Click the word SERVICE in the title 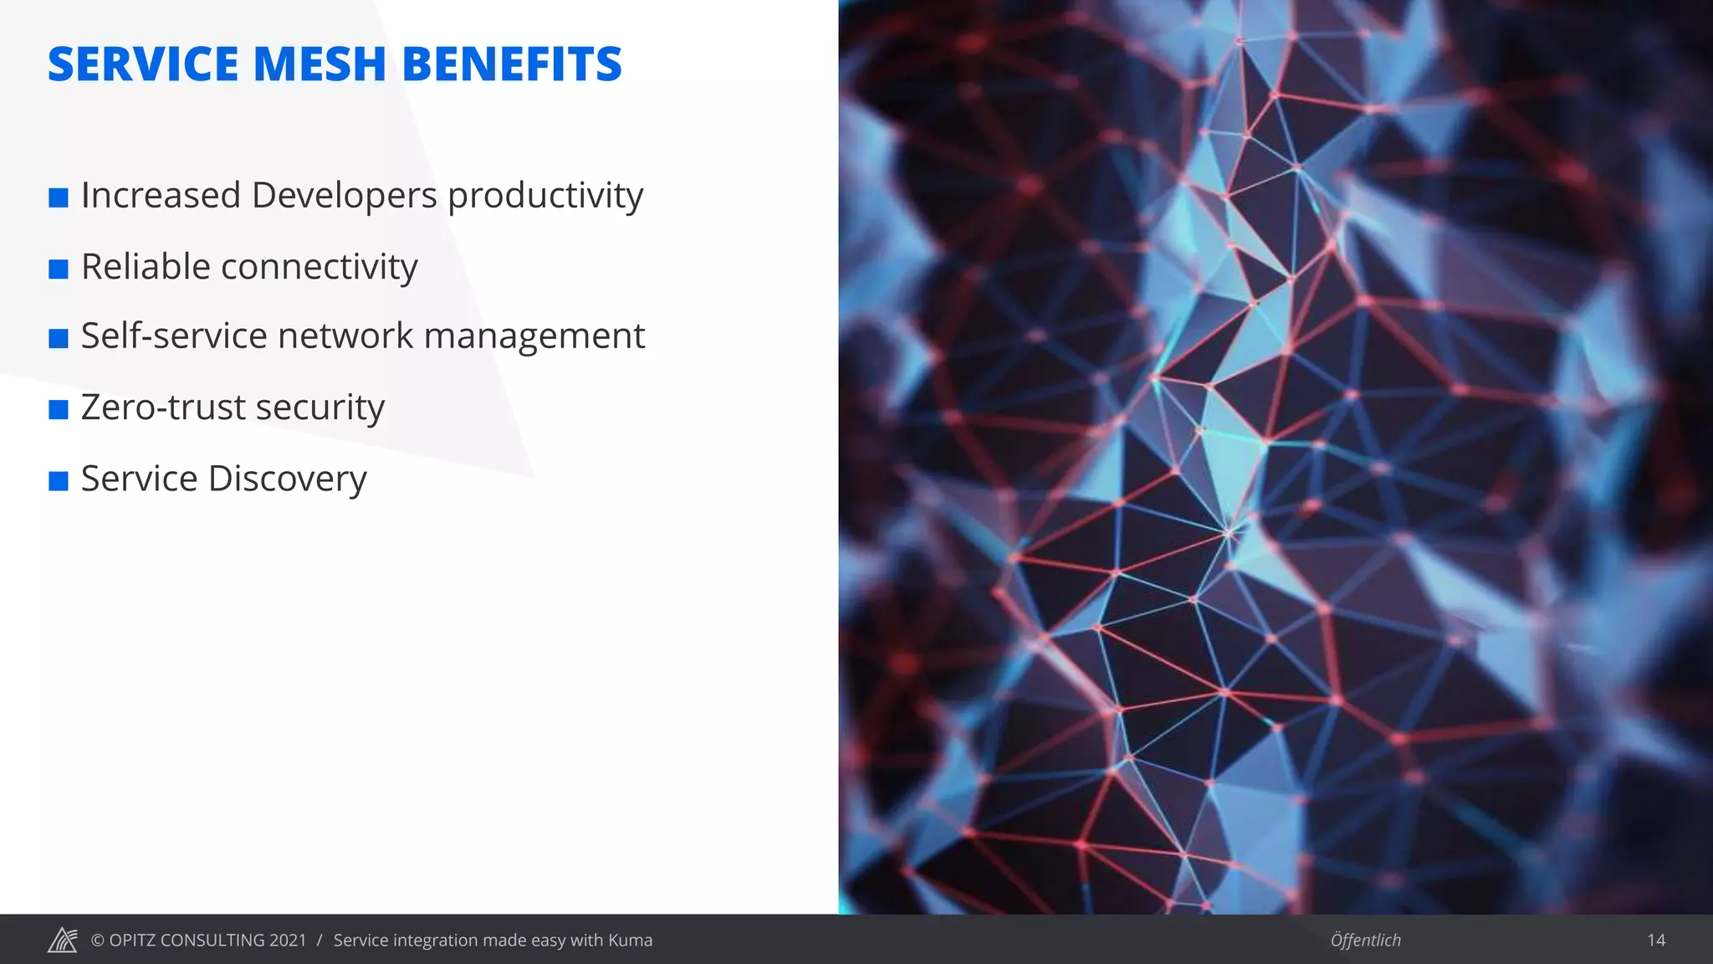[143, 64]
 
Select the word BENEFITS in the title [512, 64]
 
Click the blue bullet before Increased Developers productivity [59, 198]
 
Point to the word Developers [344, 196]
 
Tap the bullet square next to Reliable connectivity [59, 269]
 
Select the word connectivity [320, 268]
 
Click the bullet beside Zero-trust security [59, 409]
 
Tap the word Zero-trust [163, 408]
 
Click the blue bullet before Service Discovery [59, 481]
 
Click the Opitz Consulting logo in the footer [63, 941]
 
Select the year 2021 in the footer [288, 941]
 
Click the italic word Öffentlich [1365, 941]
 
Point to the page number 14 [1655, 941]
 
